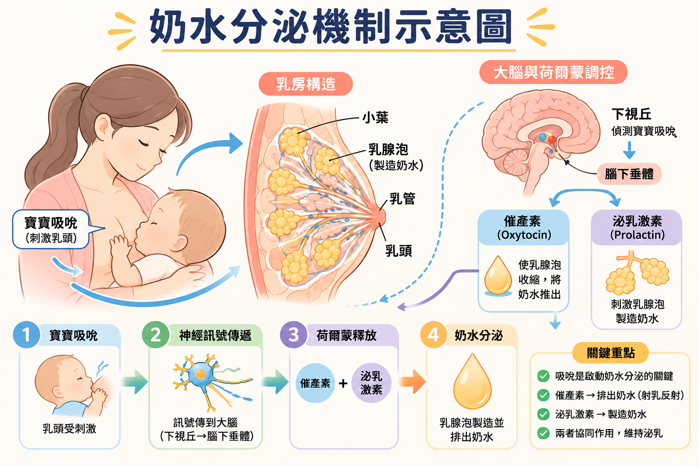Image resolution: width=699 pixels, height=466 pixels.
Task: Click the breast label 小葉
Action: click(x=375, y=118)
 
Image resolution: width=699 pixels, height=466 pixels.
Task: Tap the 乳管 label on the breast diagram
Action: click(x=402, y=199)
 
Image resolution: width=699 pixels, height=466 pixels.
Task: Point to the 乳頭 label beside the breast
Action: click(x=399, y=251)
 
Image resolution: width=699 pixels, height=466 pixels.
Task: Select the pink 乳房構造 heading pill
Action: click(x=305, y=84)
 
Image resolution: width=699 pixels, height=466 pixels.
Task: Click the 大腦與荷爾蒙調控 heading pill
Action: click(x=553, y=72)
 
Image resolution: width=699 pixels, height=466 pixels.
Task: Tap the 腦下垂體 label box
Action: click(x=629, y=174)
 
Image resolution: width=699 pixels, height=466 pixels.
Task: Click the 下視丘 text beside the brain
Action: click(x=631, y=114)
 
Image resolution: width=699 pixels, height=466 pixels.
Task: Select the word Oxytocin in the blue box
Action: click(x=524, y=235)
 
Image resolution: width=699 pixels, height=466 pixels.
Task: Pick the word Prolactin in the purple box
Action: click(x=637, y=235)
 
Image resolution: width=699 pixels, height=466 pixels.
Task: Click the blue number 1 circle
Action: click(x=26, y=334)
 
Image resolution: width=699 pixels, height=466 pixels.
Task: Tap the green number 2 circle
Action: click(x=156, y=334)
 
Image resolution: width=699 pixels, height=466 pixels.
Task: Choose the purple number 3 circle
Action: click(x=294, y=334)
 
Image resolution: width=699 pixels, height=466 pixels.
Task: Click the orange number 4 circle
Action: click(x=434, y=334)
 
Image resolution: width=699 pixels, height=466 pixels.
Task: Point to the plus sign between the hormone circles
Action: click(x=343, y=383)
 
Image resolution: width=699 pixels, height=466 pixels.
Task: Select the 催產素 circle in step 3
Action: click(x=315, y=383)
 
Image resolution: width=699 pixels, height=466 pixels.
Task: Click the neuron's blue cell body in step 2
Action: click(x=201, y=374)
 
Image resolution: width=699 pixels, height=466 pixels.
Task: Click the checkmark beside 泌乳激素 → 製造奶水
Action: click(x=543, y=414)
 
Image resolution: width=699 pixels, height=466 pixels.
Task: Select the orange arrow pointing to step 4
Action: click(x=413, y=382)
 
